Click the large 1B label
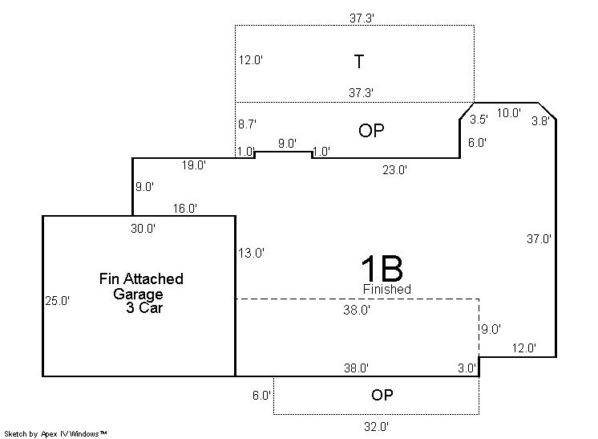click(x=382, y=268)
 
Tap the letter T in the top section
click(x=359, y=62)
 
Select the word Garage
click(x=138, y=294)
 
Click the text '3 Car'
click(x=144, y=307)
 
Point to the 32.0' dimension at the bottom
click(x=376, y=426)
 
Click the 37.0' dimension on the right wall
click(x=539, y=239)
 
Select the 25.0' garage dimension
click(x=57, y=301)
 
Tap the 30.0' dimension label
click(x=143, y=228)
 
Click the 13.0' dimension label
click(x=251, y=253)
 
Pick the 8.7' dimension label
click(x=247, y=124)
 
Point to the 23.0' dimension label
click(x=394, y=170)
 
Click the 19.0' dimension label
click(x=194, y=165)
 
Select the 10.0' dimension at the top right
click(x=509, y=113)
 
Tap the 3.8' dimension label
click(x=540, y=121)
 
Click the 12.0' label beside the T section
click(x=251, y=60)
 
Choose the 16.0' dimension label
click(x=185, y=209)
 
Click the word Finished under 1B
click(x=386, y=289)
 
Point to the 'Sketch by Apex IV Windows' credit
click(x=55, y=433)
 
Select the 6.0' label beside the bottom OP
click(x=261, y=396)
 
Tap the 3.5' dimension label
click(x=479, y=120)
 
